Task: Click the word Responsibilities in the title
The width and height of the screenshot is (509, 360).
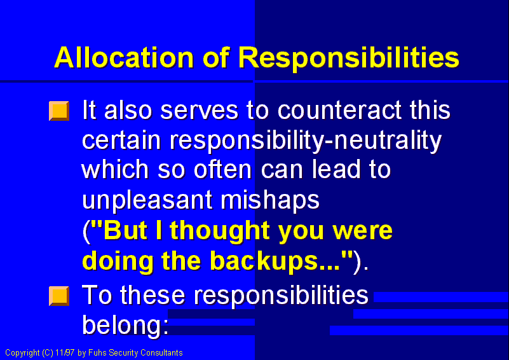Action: [x=348, y=57]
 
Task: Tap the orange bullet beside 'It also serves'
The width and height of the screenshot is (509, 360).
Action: [x=58, y=111]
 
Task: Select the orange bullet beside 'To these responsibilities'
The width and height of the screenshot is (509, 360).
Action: [x=58, y=296]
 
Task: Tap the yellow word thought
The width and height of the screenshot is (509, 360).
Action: [x=218, y=230]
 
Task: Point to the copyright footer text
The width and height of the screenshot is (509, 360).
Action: [x=94, y=352]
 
